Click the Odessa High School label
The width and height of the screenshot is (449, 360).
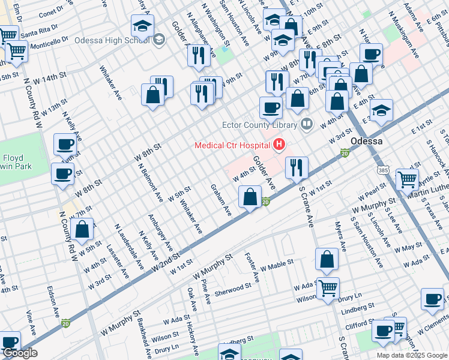[112, 41]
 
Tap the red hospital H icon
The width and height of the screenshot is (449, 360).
[279, 145]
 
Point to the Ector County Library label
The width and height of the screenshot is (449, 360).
[259, 125]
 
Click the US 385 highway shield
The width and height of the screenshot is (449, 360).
[383, 170]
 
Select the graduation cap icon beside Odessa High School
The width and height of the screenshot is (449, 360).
[143, 26]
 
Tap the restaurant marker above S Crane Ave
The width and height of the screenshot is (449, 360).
[297, 167]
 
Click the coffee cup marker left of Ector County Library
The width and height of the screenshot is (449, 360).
[271, 108]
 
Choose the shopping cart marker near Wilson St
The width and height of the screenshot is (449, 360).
[328, 288]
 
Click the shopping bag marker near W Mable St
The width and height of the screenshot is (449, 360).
[327, 259]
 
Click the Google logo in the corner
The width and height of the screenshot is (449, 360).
[20, 353]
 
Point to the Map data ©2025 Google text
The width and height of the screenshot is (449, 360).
[411, 355]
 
